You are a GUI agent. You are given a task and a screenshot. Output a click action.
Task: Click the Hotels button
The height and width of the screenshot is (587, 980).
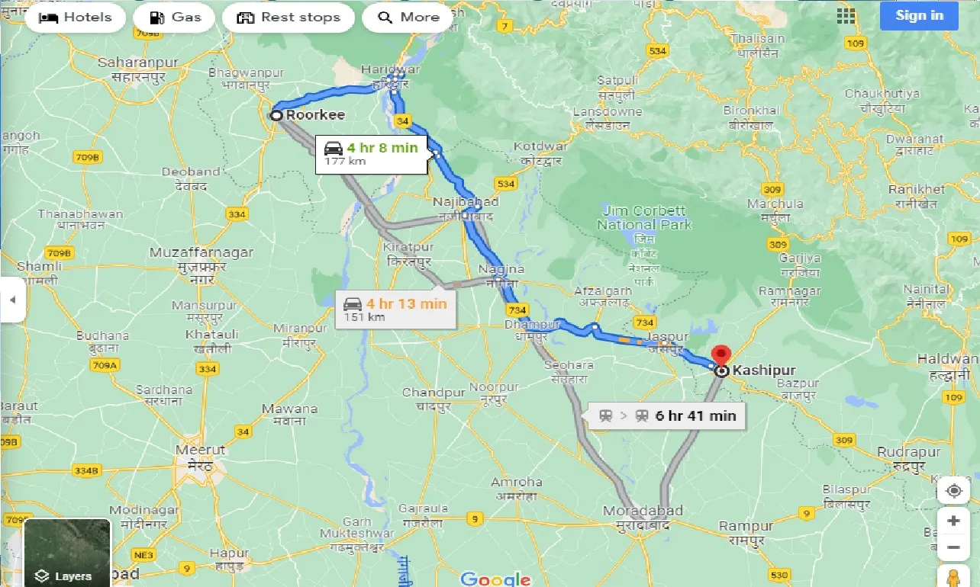pyautogui.click(x=75, y=18)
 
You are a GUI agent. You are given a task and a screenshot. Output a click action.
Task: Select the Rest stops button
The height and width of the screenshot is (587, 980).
pyautogui.click(x=288, y=18)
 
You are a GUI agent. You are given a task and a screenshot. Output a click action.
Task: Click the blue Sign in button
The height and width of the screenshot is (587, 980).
pyautogui.click(x=919, y=15)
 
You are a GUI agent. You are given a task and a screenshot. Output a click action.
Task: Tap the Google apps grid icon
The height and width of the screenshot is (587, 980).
pyautogui.click(x=846, y=16)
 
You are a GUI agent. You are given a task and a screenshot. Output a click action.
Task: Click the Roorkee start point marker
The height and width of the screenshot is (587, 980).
pyautogui.click(x=276, y=115)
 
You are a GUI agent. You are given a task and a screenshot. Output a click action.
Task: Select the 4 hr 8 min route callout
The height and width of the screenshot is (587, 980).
pyautogui.click(x=371, y=153)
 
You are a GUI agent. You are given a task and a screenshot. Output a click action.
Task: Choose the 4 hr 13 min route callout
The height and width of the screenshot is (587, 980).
pyautogui.click(x=395, y=310)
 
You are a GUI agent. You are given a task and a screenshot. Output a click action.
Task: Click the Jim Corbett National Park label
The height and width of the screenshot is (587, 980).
pyautogui.click(x=644, y=217)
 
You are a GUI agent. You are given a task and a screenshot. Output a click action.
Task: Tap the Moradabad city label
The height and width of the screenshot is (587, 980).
pyautogui.click(x=636, y=510)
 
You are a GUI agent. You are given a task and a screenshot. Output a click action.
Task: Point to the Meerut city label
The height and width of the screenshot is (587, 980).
pyautogui.click(x=200, y=450)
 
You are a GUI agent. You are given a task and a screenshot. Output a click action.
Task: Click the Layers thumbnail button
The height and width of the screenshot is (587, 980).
pyautogui.click(x=67, y=552)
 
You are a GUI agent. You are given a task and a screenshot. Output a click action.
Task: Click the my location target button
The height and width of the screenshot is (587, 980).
pyautogui.click(x=953, y=490)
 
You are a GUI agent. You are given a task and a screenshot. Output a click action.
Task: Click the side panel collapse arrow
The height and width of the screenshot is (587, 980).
pyautogui.click(x=11, y=300)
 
